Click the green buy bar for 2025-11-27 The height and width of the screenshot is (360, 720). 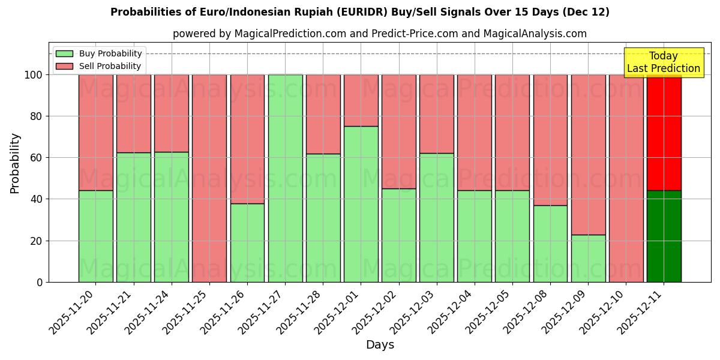(285, 178)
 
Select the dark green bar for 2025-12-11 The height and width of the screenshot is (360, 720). (664, 236)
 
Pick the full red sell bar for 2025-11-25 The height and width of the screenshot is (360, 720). (209, 178)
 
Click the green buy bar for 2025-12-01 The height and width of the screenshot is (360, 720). (361, 204)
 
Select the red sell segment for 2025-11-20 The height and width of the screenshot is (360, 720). (95, 132)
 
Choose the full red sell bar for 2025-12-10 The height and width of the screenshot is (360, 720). (626, 178)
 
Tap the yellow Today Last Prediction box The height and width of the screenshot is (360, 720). (663, 62)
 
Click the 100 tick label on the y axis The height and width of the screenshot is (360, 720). (33, 75)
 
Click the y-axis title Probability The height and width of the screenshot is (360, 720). (15, 163)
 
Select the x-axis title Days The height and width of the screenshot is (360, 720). (380, 345)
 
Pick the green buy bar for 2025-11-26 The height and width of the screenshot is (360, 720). (247, 242)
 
